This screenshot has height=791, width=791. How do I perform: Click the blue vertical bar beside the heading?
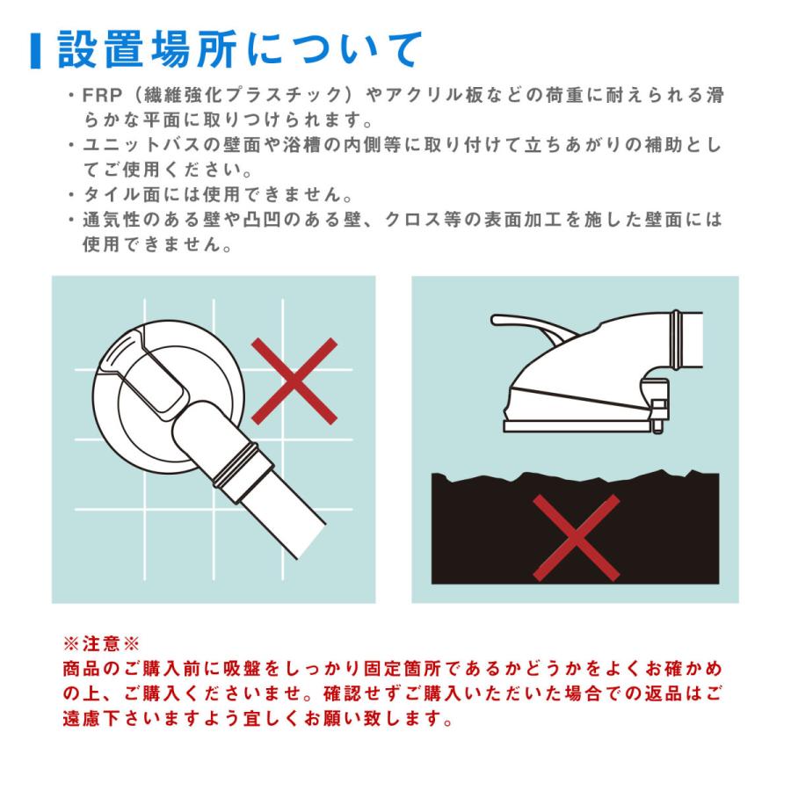click(35, 51)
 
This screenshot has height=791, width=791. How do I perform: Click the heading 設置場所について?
click(239, 49)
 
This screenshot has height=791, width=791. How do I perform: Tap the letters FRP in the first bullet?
click(103, 95)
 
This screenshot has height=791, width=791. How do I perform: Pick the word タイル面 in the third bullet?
click(121, 194)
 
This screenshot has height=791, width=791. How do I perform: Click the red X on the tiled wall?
click(294, 381)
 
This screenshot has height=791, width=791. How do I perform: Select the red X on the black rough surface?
click(576, 538)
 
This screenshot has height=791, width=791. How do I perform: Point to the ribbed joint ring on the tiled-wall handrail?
click(237, 464)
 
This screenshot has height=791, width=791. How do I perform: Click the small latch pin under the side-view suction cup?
click(657, 415)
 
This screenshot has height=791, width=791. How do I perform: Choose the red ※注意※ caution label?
click(101, 643)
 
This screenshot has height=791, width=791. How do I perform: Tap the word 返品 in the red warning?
click(663, 693)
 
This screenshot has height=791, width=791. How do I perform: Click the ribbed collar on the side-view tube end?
click(677, 340)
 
